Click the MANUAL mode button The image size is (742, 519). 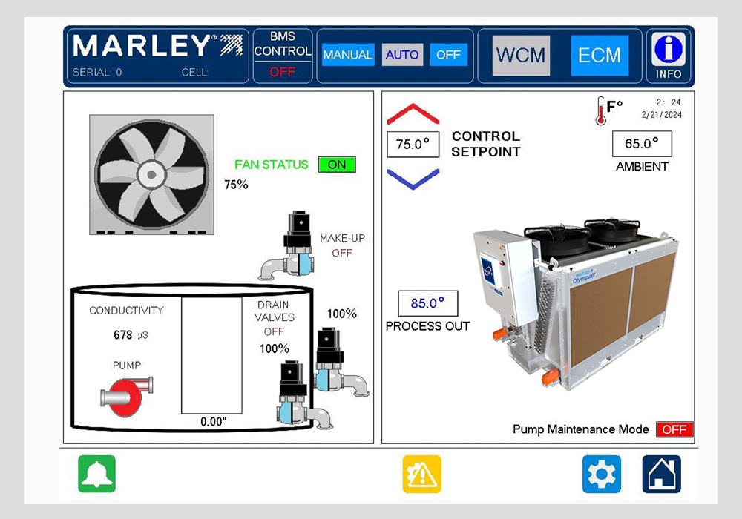[x=348, y=55]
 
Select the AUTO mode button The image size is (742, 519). [x=402, y=55]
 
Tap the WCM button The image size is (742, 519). [x=521, y=56]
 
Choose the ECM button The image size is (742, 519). [x=600, y=56]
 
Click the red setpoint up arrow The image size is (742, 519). [x=413, y=113]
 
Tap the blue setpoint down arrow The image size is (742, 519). [x=413, y=179]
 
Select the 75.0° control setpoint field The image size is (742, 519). [x=413, y=144]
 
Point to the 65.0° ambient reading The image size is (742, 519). [x=642, y=144]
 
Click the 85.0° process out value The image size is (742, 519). [x=428, y=303]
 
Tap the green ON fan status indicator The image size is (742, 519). [x=337, y=165]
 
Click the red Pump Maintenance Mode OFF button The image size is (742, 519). [x=674, y=429]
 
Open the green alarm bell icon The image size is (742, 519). [x=97, y=474]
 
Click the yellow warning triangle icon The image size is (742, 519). [x=421, y=474]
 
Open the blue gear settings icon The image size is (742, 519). [x=602, y=474]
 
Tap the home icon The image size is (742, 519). [x=662, y=474]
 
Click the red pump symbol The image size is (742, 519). [x=127, y=396]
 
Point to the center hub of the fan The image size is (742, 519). [x=151, y=174]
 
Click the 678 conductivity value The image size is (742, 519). [x=122, y=335]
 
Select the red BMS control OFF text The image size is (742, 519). [x=283, y=73]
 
